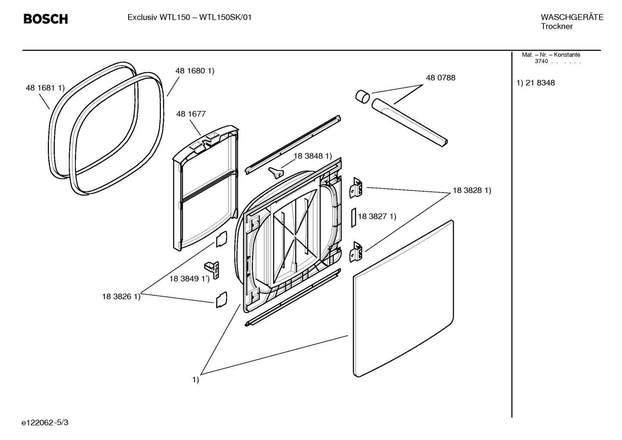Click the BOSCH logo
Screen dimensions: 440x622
(x=45, y=19)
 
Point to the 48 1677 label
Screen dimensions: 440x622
(x=191, y=114)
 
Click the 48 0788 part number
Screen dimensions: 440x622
(x=440, y=78)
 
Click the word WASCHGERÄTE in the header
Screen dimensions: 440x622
(x=572, y=17)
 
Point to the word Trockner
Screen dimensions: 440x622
(x=556, y=26)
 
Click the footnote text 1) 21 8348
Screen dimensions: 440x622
(x=536, y=83)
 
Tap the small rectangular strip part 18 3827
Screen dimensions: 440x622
(x=353, y=217)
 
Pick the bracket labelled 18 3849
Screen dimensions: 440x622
(x=213, y=270)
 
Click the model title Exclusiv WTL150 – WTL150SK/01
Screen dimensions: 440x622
(x=189, y=18)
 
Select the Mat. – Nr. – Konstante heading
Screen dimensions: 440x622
(x=551, y=55)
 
